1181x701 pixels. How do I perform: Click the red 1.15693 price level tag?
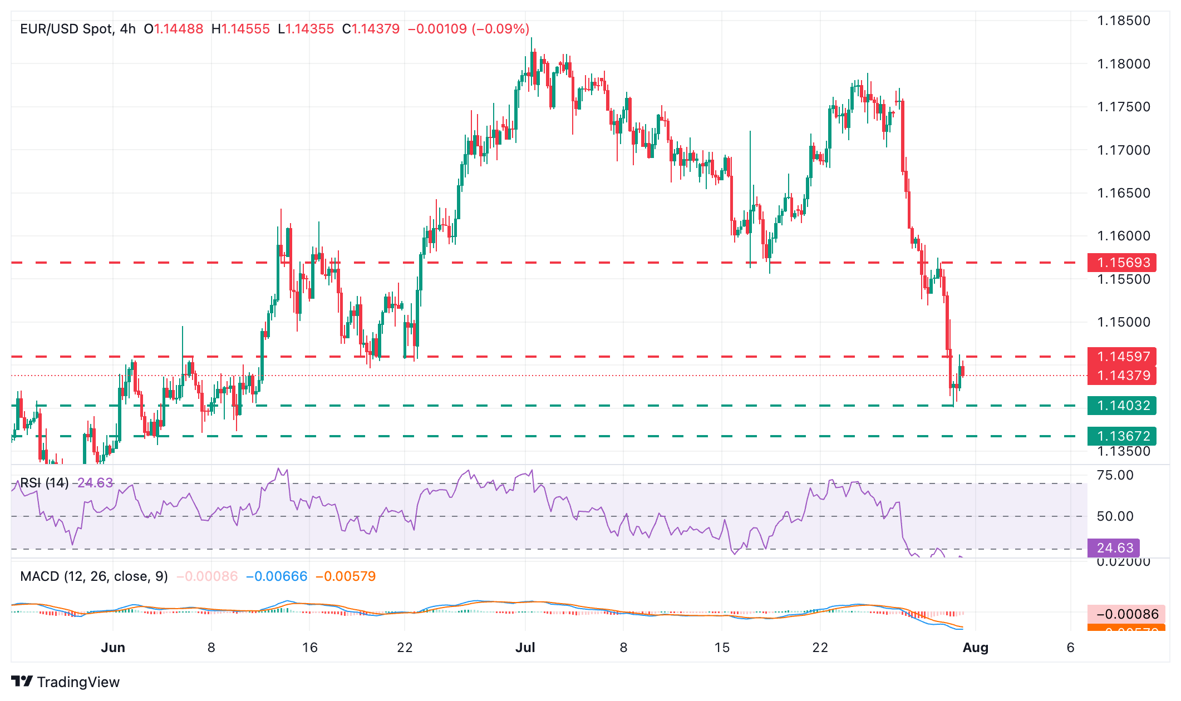[x=1121, y=263]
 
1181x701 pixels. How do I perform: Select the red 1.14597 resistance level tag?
[x=1121, y=357]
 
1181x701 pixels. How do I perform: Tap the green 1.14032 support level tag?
[x=1121, y=406]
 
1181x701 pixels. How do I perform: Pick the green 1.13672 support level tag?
[x=1121, y=436]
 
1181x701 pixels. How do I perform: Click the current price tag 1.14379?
[x=1121, y=376]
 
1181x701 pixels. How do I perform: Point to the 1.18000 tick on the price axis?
[x=1123, y=64]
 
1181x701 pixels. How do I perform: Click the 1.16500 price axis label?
[x=1123, y=193]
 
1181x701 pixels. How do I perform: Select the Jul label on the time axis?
[x=525, y=648]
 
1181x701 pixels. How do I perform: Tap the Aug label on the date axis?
[x=976, y=648]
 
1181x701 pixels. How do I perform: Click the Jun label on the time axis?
[x=113, y=648]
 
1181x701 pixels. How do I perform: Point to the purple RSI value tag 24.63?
[x=1114, y=548]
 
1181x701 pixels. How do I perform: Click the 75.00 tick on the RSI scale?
[x=1115, y=475]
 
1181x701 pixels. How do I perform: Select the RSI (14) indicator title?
[x=45, y=483]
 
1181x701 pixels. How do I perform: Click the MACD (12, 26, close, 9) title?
[x=94, y=576]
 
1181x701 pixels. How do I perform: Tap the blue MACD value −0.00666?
[x=277, y=576]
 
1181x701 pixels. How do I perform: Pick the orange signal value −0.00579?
[x=346, y=576]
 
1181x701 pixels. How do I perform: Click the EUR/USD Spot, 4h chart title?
[x=78, y=29]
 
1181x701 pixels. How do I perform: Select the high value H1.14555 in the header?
[x=240, y=29]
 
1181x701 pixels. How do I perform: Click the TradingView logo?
[x=66, y=682]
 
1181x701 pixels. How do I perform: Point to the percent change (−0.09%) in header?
[x=500, y=29]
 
